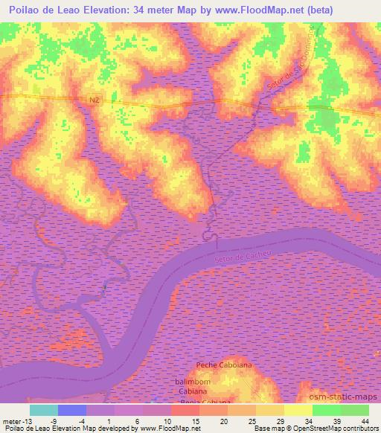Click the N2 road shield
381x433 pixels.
(93, 98)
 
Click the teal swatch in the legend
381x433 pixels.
(44, 410)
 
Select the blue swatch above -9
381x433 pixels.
(72, 410)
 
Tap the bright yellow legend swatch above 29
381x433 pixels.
(298, 410)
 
